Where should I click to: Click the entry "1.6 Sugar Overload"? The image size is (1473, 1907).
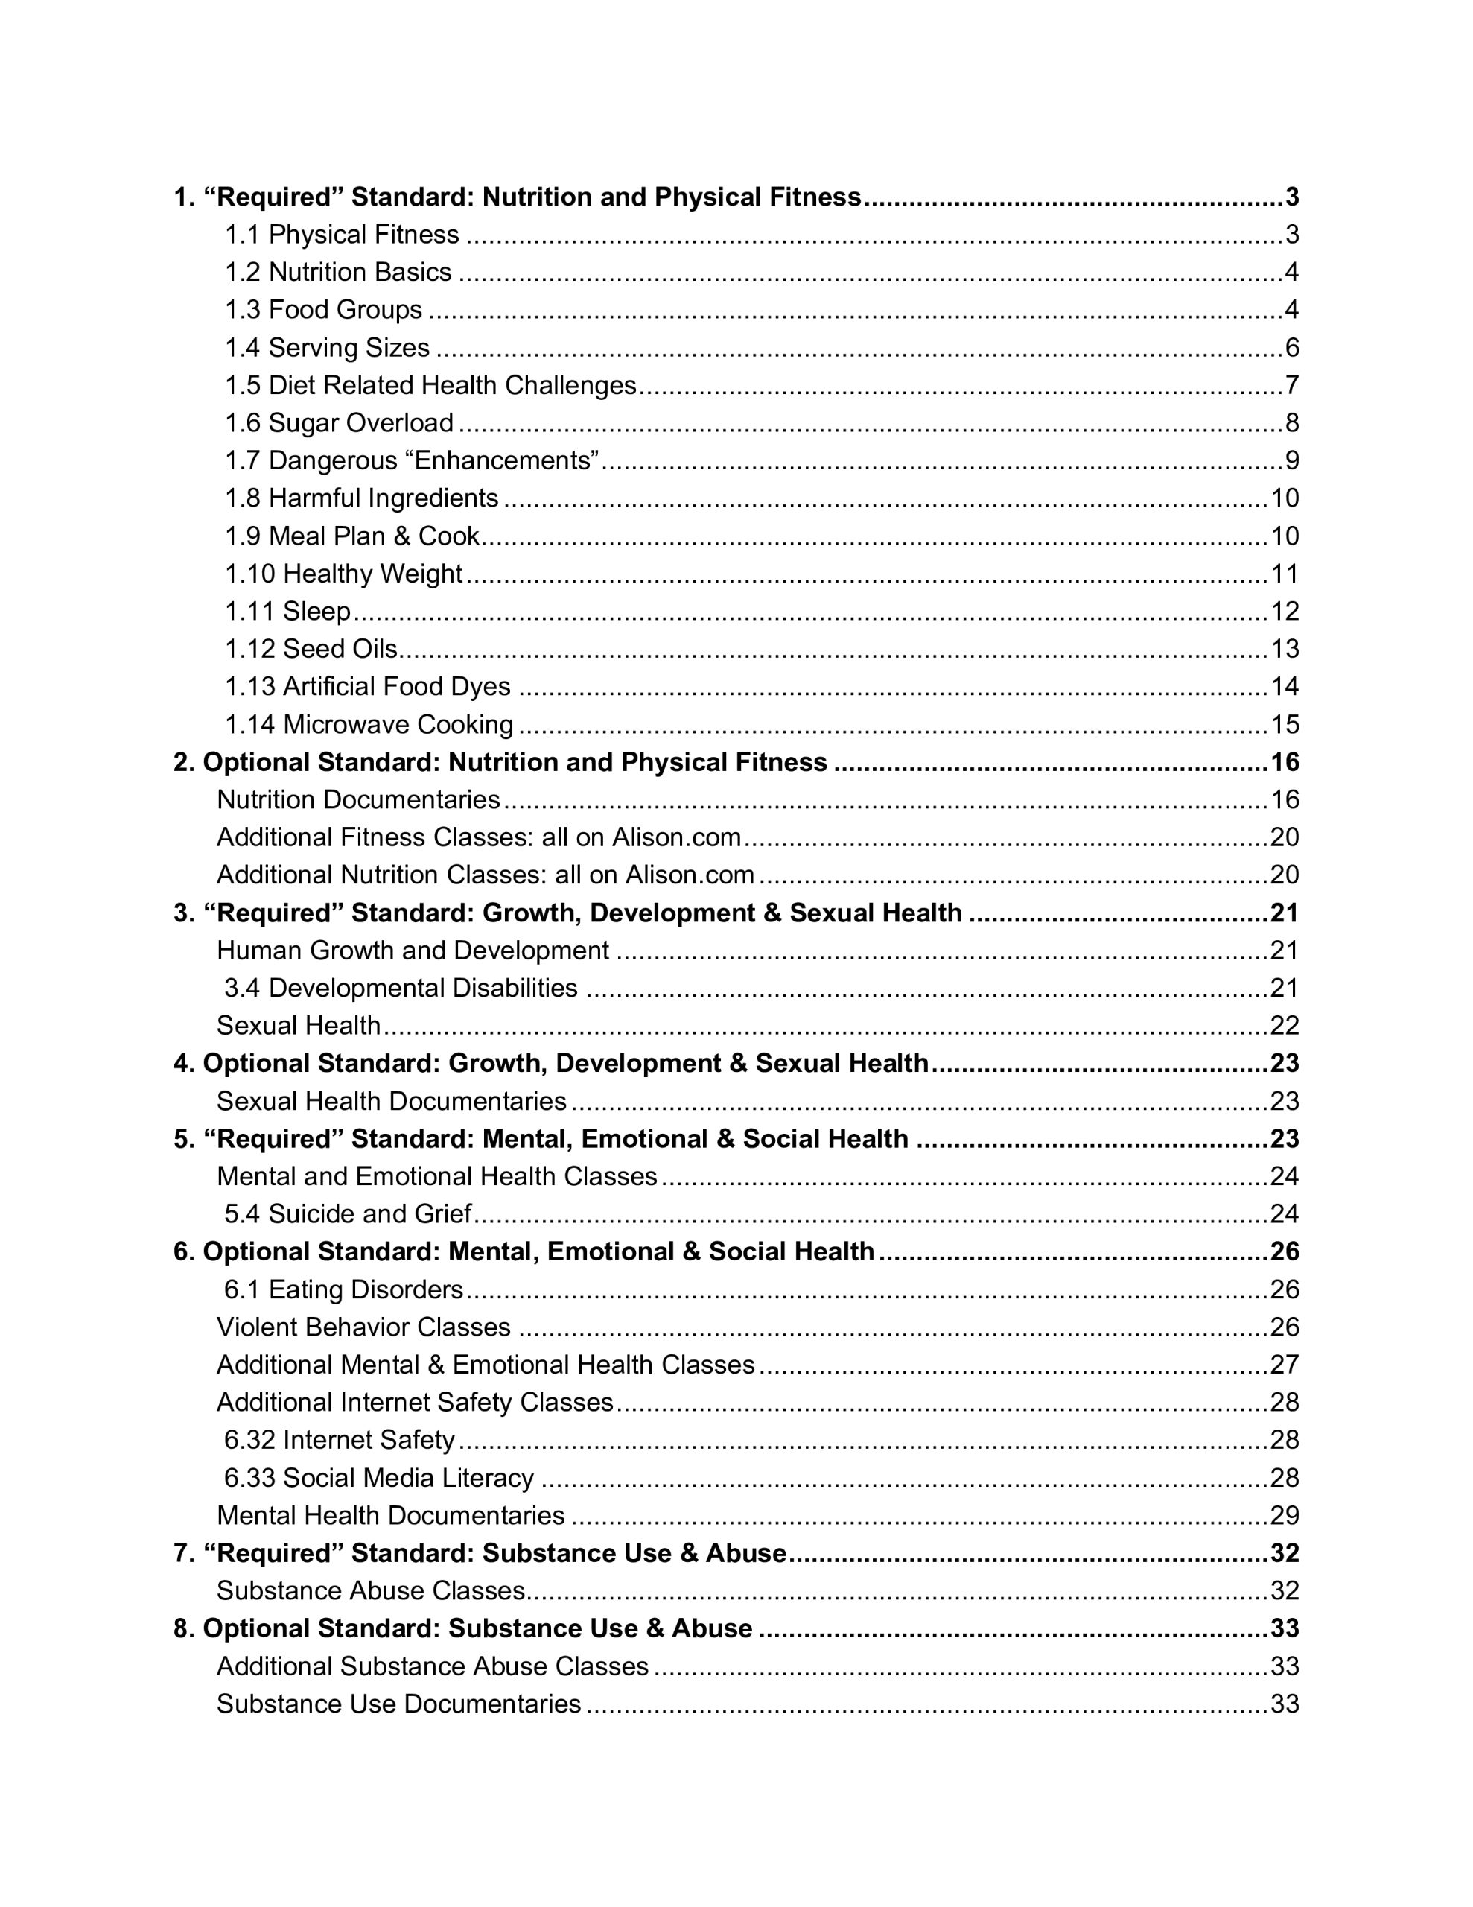(x=339, y=422)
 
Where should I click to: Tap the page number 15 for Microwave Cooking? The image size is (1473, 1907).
(x=1285, y=724)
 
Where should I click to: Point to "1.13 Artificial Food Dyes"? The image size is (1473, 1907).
(x=368, y=686)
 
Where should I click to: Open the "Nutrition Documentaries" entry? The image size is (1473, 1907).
(x=358, y=799)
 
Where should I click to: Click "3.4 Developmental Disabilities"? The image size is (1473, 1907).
(x=401, y=988)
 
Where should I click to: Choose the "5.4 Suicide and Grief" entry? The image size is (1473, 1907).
(x=348, y=1213)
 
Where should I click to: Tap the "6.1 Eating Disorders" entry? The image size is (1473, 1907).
(x=343, y=1289)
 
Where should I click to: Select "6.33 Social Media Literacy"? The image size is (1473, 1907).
(x=379, y=1477)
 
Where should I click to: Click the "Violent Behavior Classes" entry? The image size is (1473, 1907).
(x=363, y=1327)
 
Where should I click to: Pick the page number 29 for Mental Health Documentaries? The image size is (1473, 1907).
(x=1285, y=1515)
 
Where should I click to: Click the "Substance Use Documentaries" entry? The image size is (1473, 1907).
(x=399, y=1704)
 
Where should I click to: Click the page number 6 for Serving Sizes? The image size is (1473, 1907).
(x=1291, y=348)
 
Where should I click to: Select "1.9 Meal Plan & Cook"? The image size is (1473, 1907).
(x=352, y=536)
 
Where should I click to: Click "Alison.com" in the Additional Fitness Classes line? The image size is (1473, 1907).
(x=676, y=837)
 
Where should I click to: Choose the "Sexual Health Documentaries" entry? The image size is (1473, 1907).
(x=391, y=1101)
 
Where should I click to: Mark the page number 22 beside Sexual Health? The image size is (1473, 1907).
(x=1285, y=1025)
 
